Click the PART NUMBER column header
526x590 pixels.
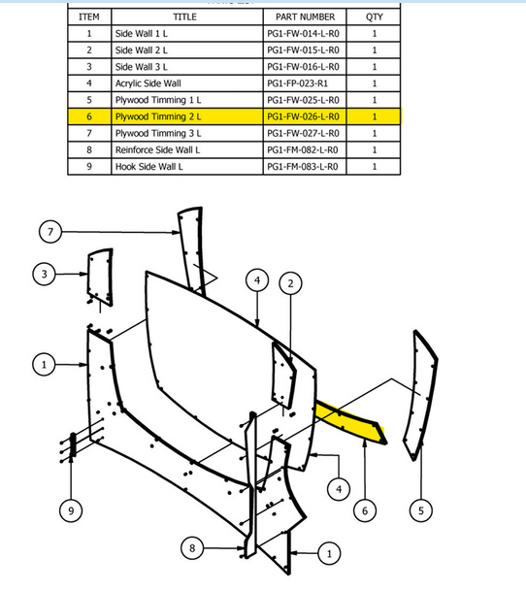click(x=305, y=16)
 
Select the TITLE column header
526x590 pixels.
click(x=184, y=16)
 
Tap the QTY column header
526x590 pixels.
click(x=374, y=16)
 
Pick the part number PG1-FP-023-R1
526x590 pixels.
click(x=297, y=83)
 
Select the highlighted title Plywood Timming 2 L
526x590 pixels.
click(x=158, y=116)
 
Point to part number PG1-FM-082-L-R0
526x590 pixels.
click(x=303, y=149)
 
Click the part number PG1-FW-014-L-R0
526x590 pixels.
click(x=303, y=34)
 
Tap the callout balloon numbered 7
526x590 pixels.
click(x=50, y=231)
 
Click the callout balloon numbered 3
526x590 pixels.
click(x=44, y=274)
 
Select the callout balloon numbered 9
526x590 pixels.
click(x=71, y=510)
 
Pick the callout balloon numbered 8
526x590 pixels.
click(x=192, y=548)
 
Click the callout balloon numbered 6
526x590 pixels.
click(x=365, y=510)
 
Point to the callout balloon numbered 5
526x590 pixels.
click(x=421, y=510)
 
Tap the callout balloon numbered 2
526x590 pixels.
click(x=290, y=283)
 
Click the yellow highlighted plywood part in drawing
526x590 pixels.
click(x=350, y=421)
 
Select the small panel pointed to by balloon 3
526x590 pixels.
click(x=100, y=277)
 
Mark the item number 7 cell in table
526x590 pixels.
click(x=89, y=133)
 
